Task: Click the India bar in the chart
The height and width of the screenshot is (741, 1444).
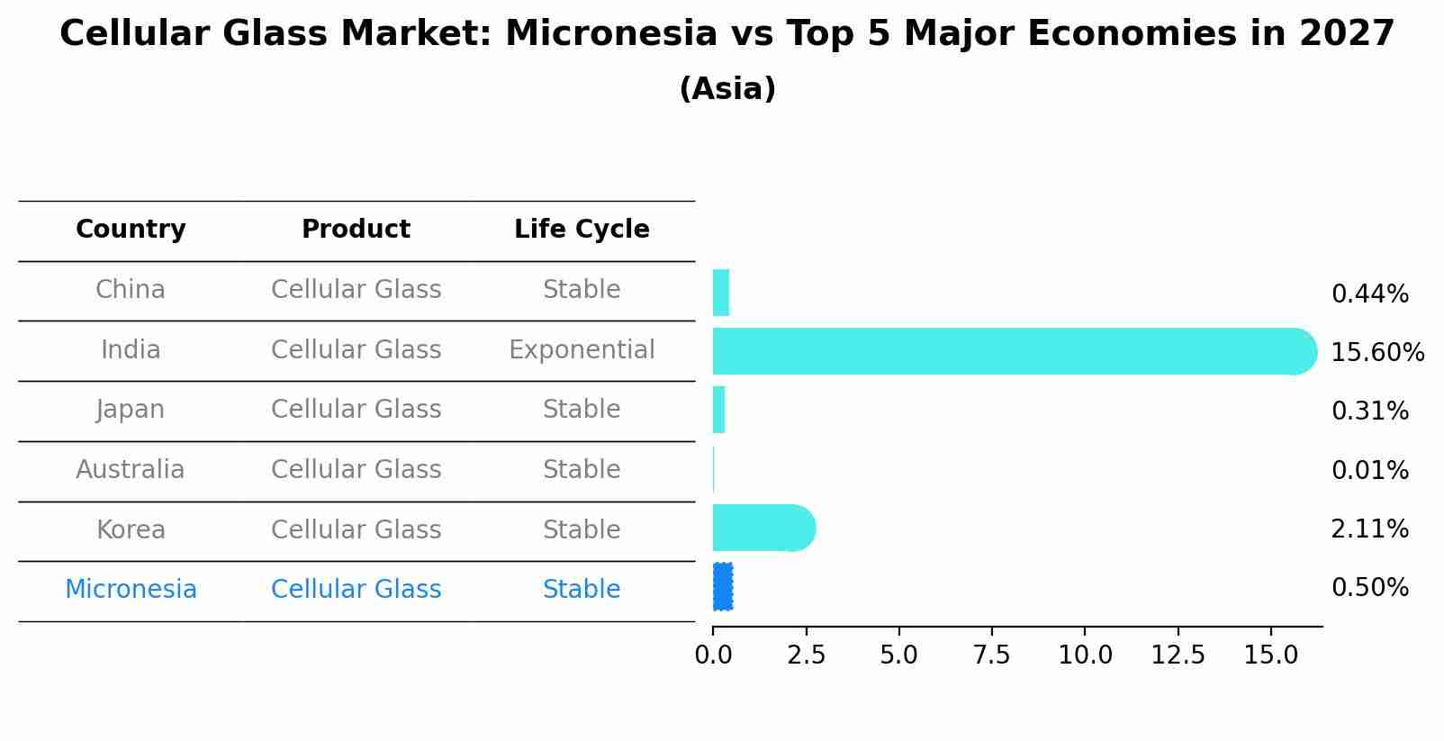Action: [1015, 351]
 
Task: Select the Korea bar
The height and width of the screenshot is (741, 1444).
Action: [764, 529]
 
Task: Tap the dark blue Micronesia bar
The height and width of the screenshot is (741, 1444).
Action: [723, 587]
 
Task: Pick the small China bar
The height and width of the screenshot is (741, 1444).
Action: [721, 293]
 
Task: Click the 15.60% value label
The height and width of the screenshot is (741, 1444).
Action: [1377, 352]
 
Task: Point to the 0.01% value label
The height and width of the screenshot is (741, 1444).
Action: [1370, 470]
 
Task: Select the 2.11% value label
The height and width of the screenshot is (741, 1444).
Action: [1370, 529]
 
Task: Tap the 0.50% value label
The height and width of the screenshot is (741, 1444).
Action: [1370, 588]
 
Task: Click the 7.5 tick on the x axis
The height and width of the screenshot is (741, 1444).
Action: [991, 655]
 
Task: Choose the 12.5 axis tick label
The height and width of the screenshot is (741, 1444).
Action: [1178, 655]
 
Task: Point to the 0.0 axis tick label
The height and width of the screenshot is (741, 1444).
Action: [713, 655]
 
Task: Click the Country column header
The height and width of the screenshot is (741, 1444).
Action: [131, 229]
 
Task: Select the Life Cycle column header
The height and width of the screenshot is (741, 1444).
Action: [582, 229]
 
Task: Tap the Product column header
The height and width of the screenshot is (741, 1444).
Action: [356, 229]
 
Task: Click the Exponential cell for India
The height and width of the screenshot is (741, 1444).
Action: [582, 349]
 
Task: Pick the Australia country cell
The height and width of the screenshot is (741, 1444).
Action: [131, 469]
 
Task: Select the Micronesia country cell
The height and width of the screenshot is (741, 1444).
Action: [131, 589]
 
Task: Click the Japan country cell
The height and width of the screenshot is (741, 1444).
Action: [131, 410]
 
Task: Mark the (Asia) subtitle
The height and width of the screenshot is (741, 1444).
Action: [727, 88]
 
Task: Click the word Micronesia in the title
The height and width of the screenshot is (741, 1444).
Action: [610, 33]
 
